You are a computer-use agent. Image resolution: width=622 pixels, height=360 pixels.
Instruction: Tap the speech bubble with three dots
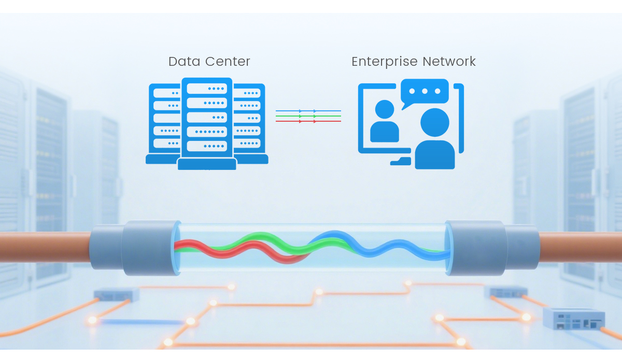[424, 92]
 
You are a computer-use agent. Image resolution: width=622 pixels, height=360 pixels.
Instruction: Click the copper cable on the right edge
[581, 247]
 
